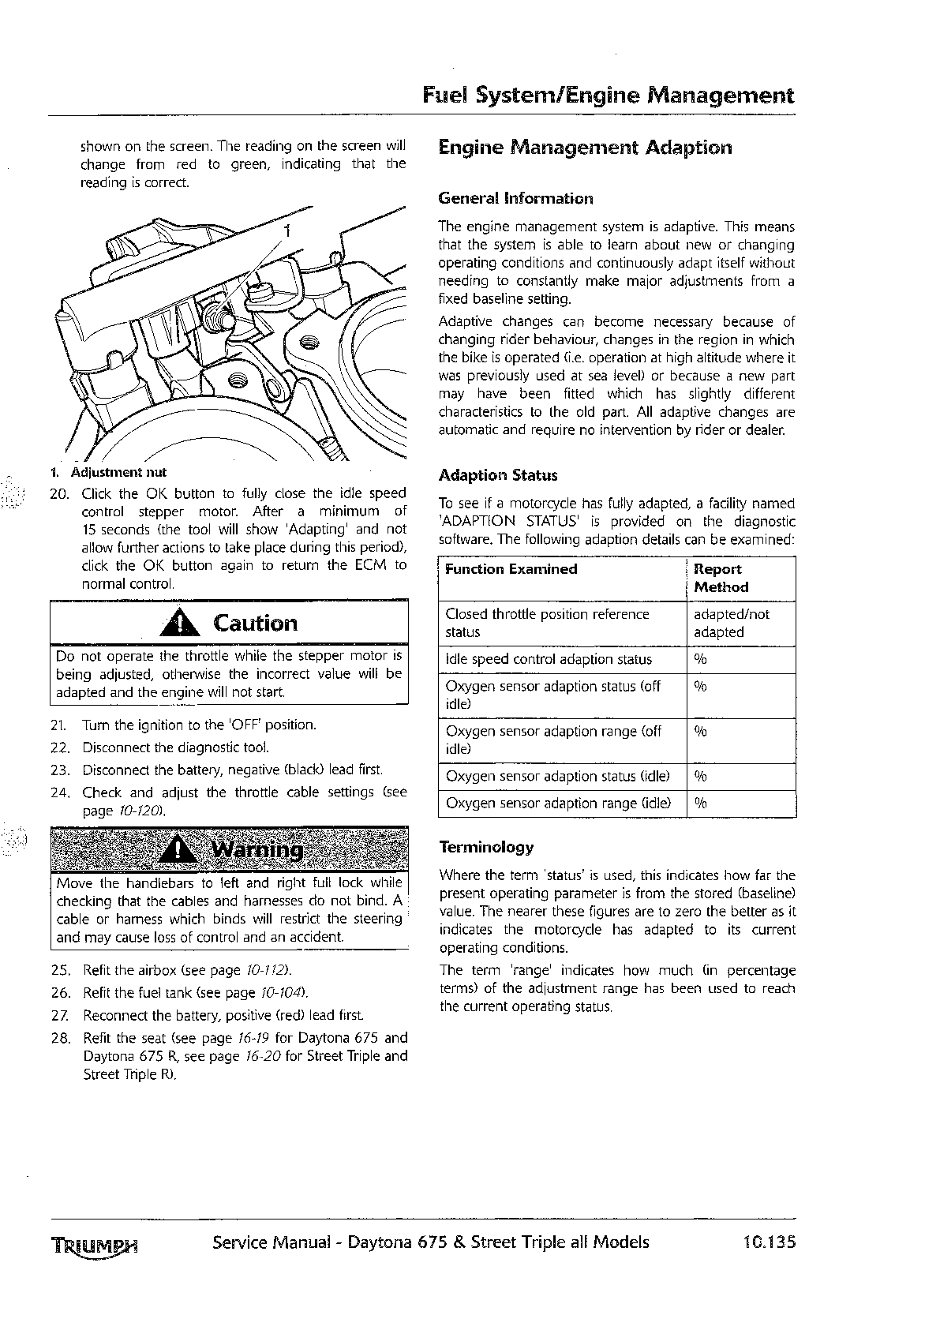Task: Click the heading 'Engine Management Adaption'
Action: pos(585,148)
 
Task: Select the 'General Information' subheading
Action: pos(515,198)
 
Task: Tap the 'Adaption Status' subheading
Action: pos(497,475)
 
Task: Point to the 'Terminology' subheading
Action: pos(486,847)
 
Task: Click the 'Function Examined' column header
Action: pos(511,569)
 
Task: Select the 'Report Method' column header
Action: pos(721,578)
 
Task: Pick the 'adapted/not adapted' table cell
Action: pos(731,623)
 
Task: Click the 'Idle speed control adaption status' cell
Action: pos(549,659)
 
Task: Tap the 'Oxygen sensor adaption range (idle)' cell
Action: pos(558,803)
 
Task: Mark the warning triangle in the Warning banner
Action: pos(181,849)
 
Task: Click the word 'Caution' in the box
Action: pos(256,624)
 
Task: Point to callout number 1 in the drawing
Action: pos(288,231)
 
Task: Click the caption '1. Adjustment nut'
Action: pos(108,473)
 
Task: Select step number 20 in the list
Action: pos(60,494)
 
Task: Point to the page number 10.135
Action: pos(769,1242)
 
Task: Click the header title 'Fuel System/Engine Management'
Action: pos(608,96)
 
